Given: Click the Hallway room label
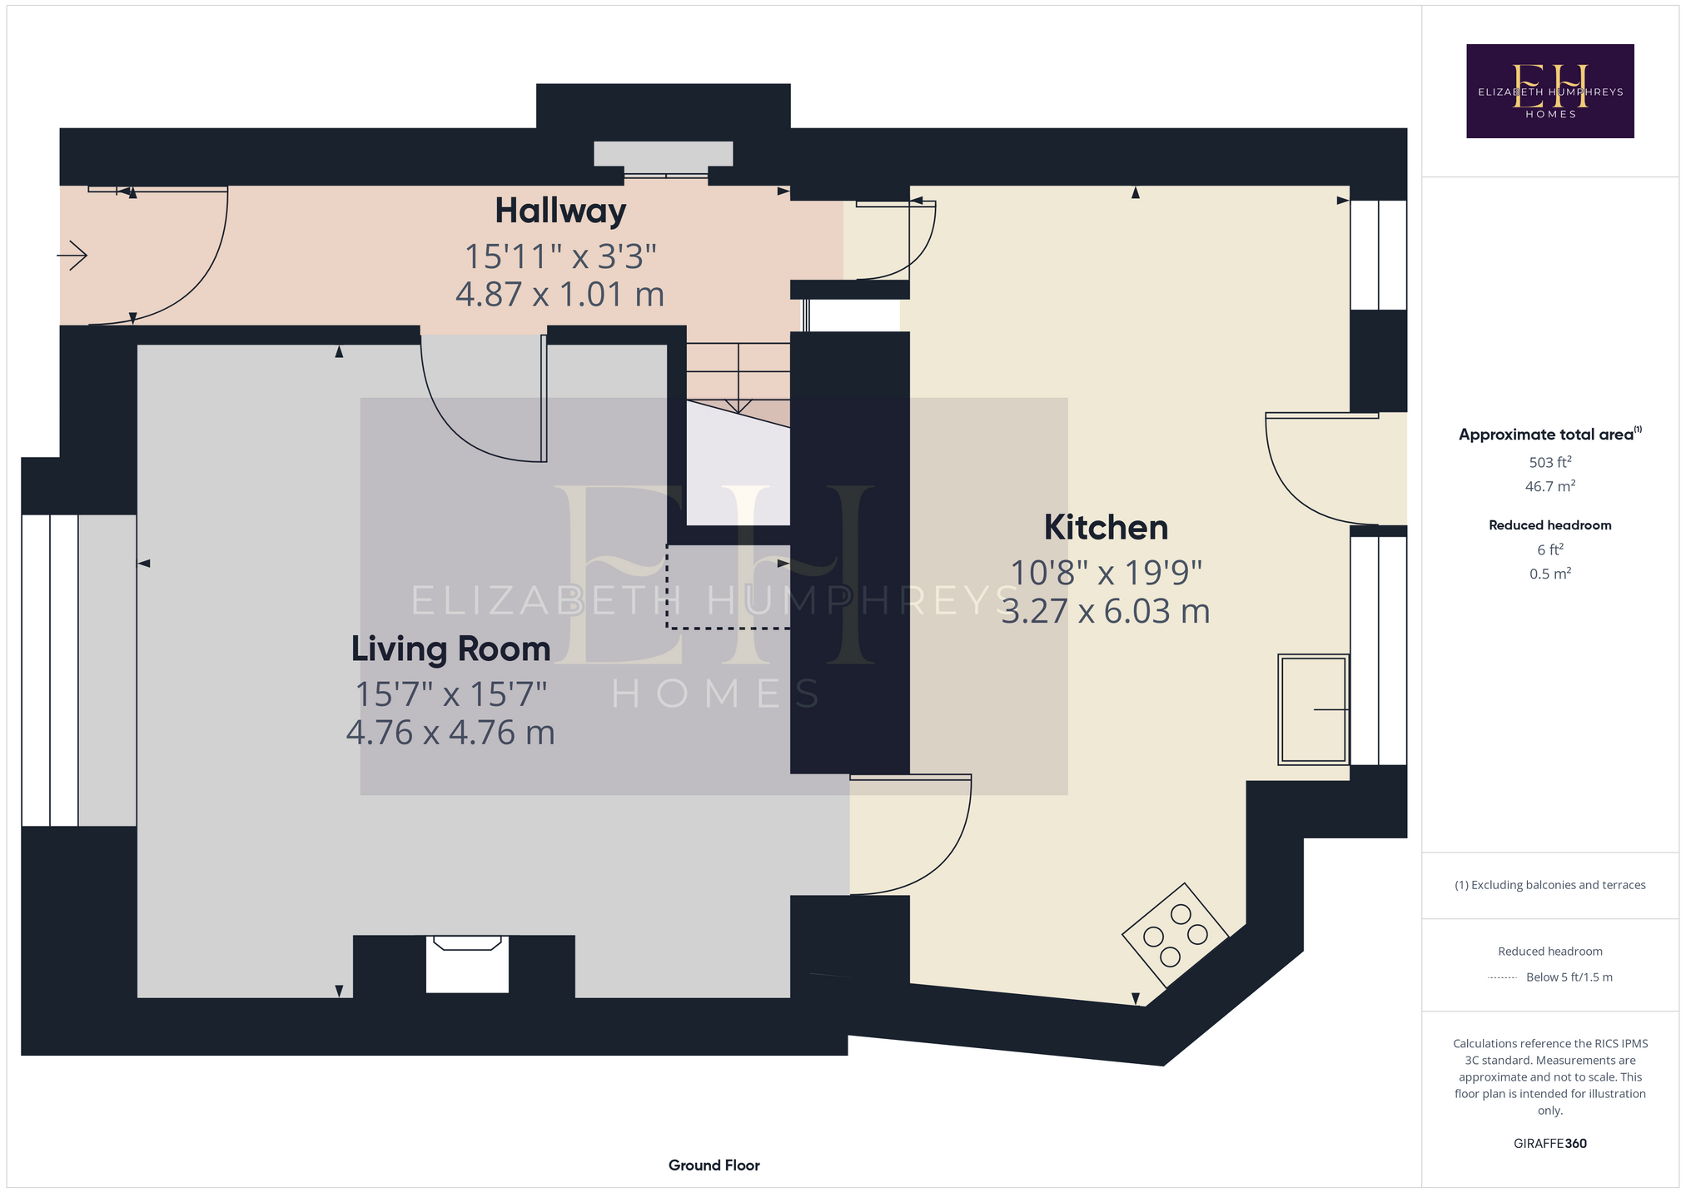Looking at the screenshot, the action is pos(560,211).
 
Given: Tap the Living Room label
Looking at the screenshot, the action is pos(450,649).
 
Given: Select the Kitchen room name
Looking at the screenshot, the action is pos(1106,528).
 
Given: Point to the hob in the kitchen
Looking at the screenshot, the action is pos(1175,935).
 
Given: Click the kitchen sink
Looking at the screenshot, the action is pos(1313,709).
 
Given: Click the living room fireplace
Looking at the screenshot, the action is pos(467,964).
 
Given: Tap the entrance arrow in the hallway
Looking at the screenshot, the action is pos(72,255).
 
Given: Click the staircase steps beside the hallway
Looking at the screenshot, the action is pos(738,379).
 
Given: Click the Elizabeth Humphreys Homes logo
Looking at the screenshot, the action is pos(1549,91).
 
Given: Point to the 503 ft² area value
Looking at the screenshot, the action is pos(1549,462).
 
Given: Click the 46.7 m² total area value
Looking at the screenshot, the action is pos(1549,486).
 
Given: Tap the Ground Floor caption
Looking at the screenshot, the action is pos(714,1165).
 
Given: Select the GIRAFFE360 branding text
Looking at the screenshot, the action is pos(1549,1143).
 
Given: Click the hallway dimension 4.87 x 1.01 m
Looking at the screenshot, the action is pos(560,295).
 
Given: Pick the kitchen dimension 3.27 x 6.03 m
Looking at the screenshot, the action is pos(1106,611).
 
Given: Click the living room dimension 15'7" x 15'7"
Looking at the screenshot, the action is pos(450,693).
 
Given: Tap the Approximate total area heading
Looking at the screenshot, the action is pos(1549,434).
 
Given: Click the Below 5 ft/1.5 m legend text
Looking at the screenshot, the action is pos(1569,977).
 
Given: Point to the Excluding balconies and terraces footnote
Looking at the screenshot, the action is pos(1549,885).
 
